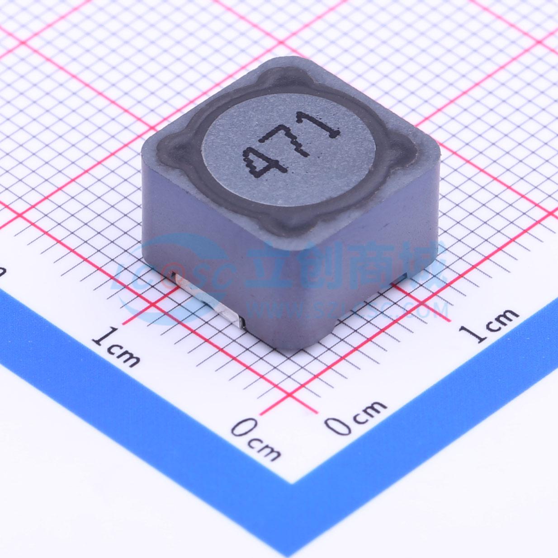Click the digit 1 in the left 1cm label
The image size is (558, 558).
(103, 337)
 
